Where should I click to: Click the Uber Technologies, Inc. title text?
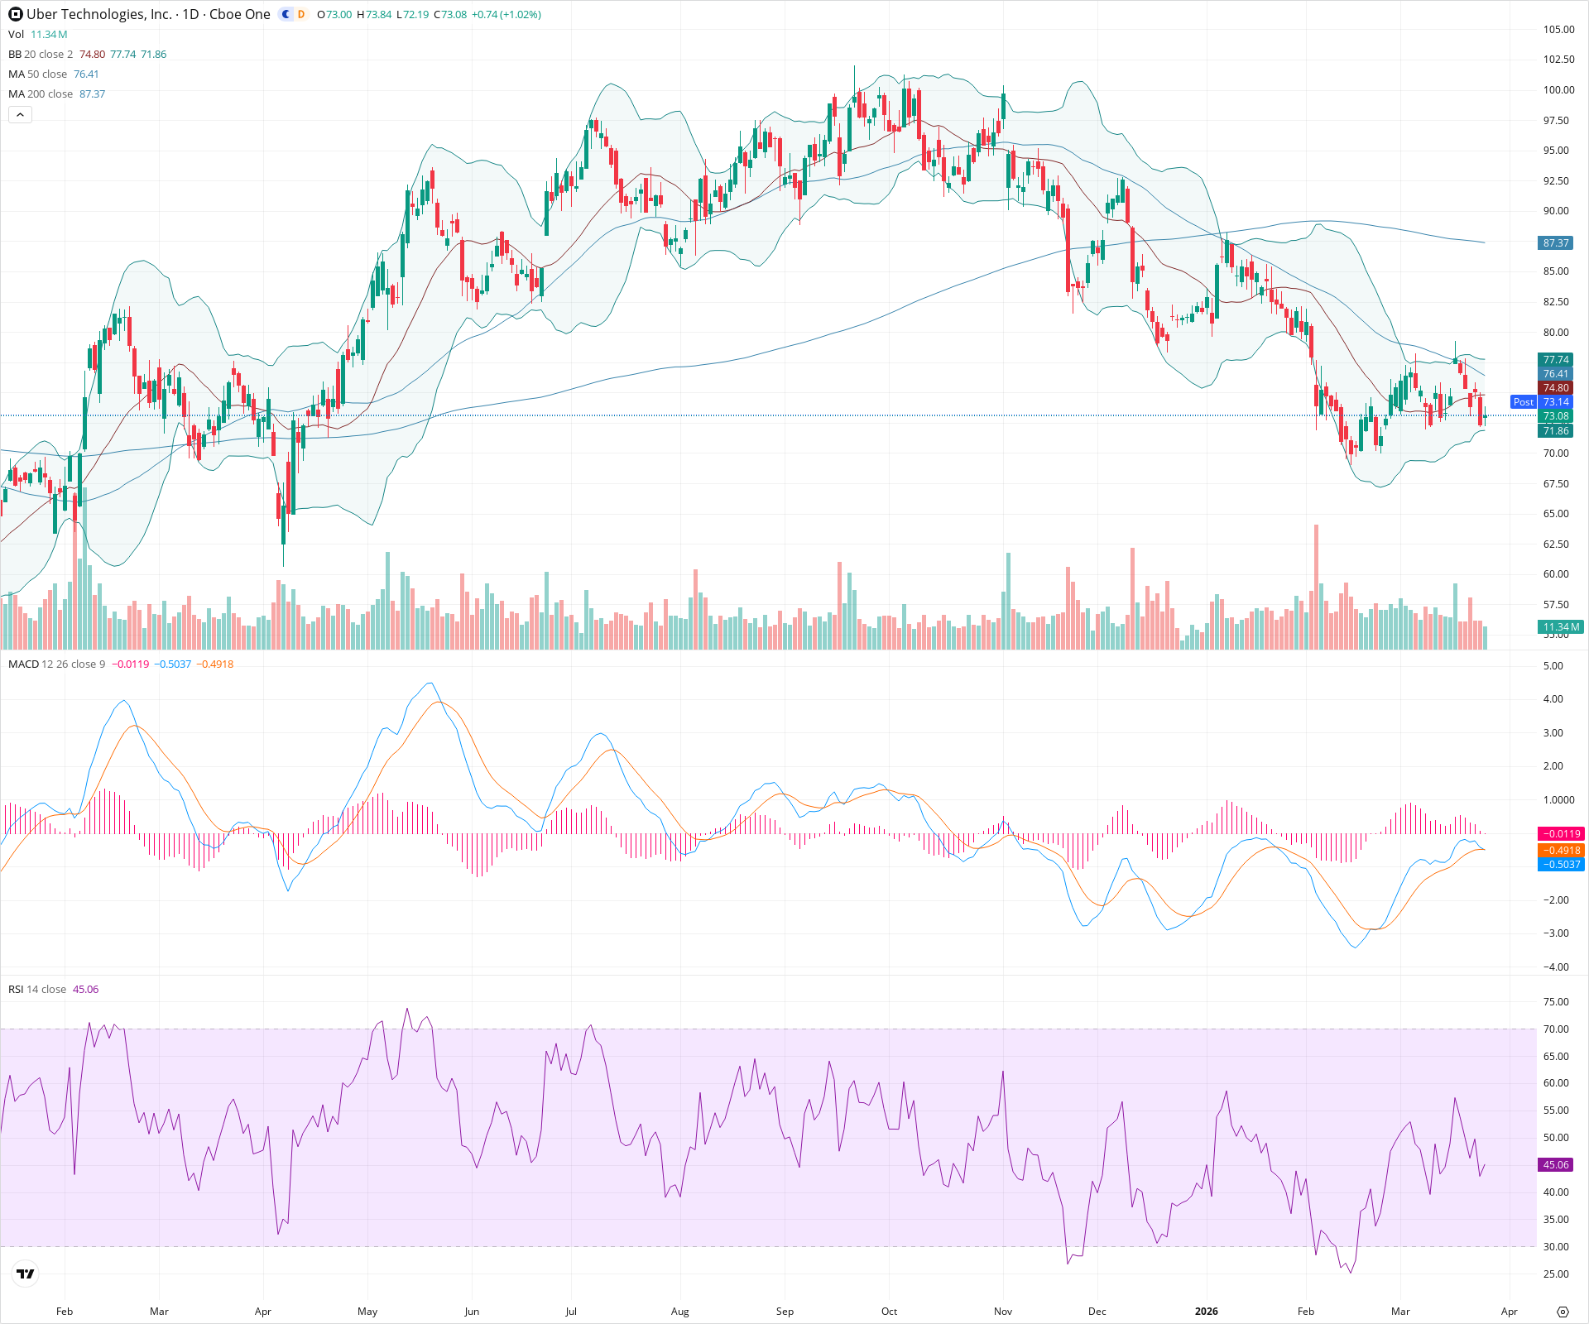[99, 14]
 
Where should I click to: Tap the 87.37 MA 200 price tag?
[1556, 243]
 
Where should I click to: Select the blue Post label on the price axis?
[1523, 402]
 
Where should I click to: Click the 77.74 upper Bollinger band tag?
[1556, 359]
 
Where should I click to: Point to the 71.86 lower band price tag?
[1556, 431]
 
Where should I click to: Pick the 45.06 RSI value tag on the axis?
[1556, 1164]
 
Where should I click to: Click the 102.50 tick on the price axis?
[1558, 60]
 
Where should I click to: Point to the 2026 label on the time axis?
[1206, 1311]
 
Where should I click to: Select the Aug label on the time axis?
[679, 1311]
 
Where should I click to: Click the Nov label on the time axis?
[1002, 1311]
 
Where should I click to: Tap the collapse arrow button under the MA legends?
[20, 115]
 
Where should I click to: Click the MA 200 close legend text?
[41, 94]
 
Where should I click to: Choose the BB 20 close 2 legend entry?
[41, 55]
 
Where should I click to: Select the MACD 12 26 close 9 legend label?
[56, 664]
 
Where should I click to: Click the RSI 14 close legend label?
[37, 990]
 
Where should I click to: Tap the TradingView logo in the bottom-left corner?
[26, 1274]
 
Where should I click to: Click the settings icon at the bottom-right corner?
[1563, 1312]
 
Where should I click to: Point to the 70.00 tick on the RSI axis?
[1556, 1029]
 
